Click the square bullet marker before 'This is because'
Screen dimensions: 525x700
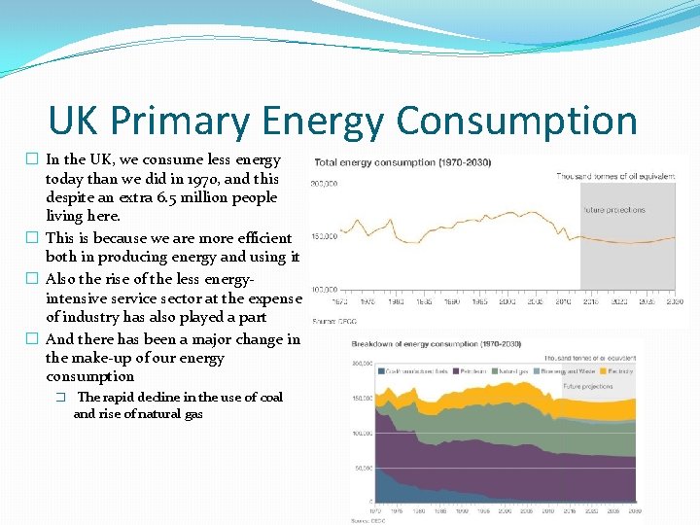tap(33, 238)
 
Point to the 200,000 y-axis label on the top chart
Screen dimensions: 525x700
tap(324, 183)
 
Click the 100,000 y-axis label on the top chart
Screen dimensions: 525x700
tap(324, 289)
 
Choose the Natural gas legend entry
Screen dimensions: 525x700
tap(511, 370)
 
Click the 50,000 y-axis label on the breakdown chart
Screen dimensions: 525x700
tap(364, 469)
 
